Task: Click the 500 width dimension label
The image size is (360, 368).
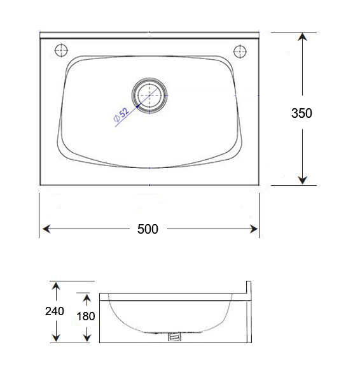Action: coord(148,229)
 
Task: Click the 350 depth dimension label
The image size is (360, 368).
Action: coord(301,113)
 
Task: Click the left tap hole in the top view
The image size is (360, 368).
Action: coord(62,50)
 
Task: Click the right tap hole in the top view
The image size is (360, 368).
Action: coord(240,50)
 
